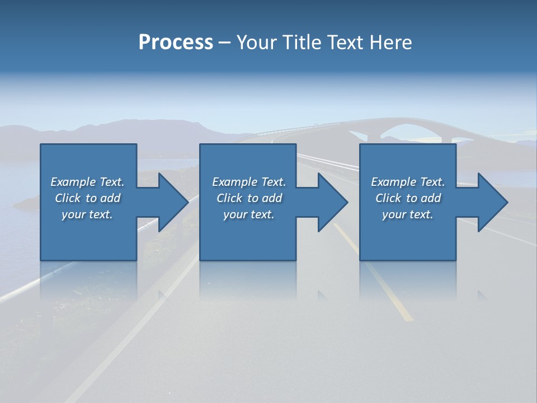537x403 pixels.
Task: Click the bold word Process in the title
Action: (x=176, y=43)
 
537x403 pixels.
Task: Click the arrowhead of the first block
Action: (x=172, y=202)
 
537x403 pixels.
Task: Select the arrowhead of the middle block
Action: (x=332, y=202)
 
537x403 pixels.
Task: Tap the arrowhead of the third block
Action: (x=492, y=202)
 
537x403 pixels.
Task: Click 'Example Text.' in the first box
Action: (x=87, y=182)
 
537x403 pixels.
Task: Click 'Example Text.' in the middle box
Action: (x=248, y=182)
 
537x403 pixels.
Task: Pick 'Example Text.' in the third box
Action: (x=408, y=182)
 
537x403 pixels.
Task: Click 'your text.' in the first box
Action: (x=87, y=214)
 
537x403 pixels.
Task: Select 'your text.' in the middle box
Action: (x=248, y=214)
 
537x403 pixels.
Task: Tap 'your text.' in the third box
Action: (x=408, y=214)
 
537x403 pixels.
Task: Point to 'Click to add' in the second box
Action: (x=248, y=198)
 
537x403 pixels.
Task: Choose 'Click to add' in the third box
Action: (x=408, y=198)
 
